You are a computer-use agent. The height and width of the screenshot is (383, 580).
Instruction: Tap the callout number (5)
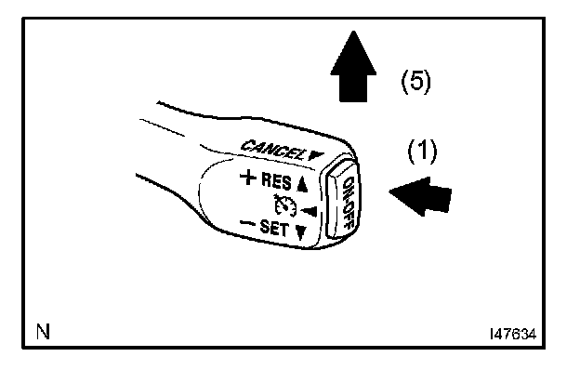tap(415, 82)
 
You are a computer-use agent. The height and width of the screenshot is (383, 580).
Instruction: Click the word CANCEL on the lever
tap(270, 147)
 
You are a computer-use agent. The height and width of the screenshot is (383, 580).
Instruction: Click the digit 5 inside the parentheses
tap(415, 82)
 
